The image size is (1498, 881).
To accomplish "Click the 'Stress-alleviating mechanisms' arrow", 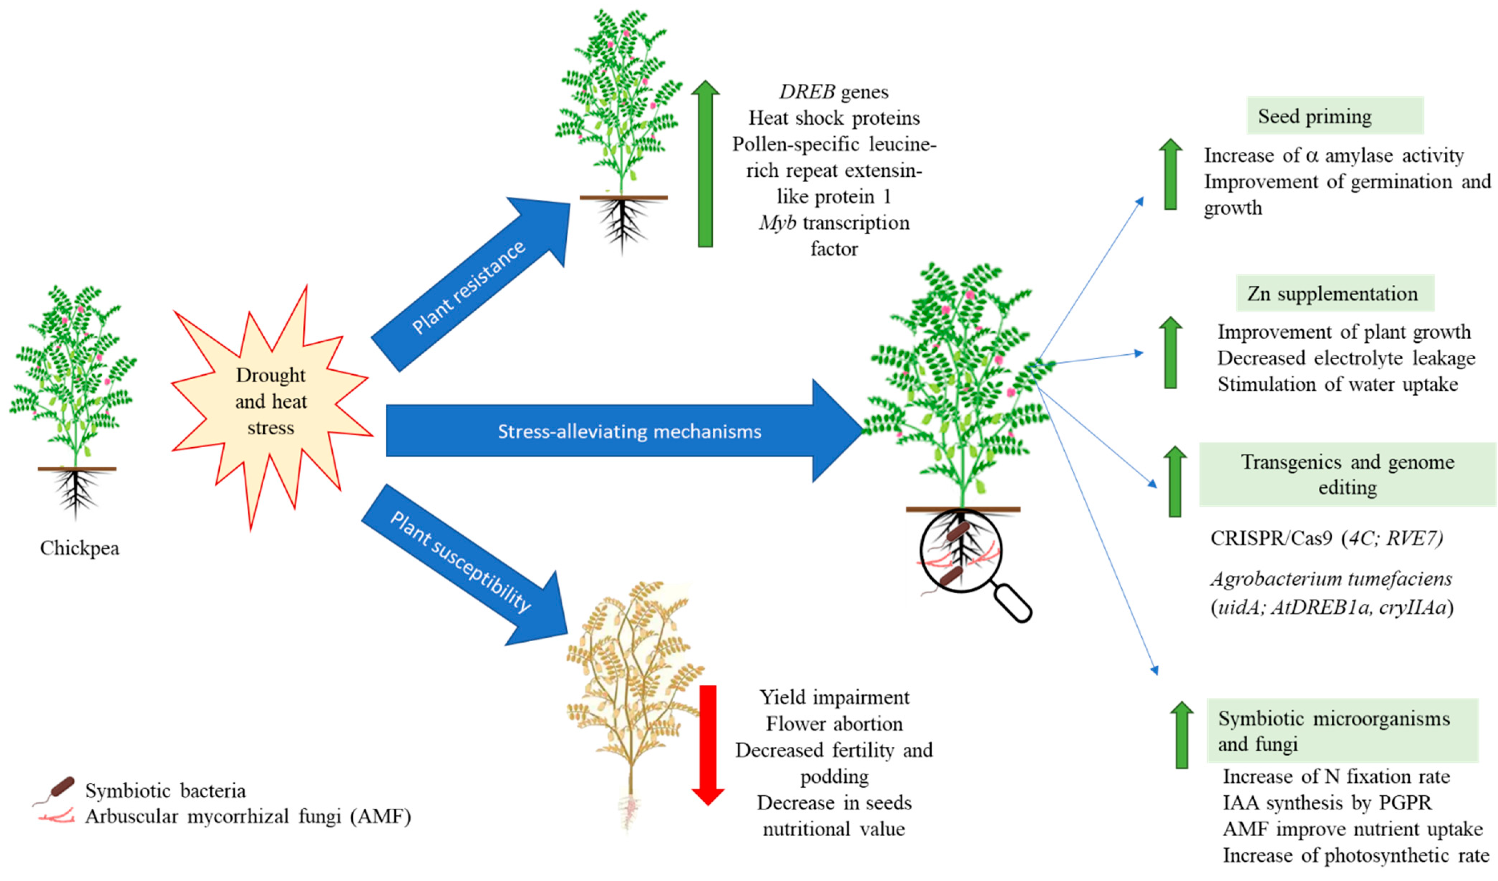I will coord(624,431).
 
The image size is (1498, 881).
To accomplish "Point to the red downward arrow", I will coord(707,743).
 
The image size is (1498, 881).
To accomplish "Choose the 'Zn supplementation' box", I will coord(1334,293).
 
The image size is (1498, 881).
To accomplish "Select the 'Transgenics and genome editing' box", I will coord(1347,474).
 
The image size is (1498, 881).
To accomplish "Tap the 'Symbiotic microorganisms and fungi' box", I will coord(1342,731).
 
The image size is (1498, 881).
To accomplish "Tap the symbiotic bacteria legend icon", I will coord(59,788).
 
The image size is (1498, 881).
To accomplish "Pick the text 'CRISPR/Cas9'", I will coord(1271,538).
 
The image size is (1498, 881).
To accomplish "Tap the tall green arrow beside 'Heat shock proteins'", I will coord(705,164).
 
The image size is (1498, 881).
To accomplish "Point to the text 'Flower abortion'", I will coord(834,724).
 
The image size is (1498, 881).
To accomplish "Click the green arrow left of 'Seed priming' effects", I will coord(1171,174).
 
